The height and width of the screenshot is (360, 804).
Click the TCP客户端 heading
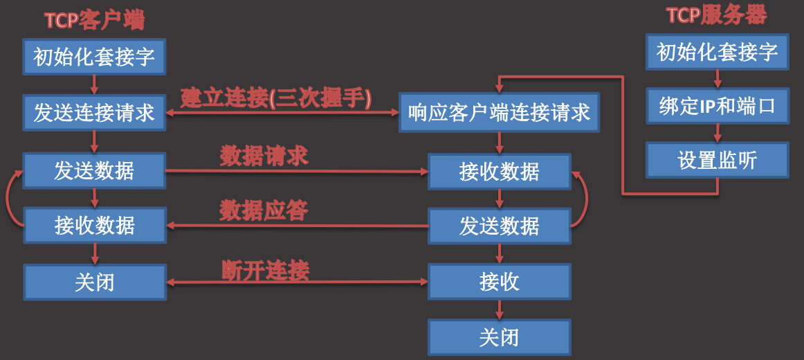[x=95, y=21]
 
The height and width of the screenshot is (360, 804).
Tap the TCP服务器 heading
[x=717, y=16]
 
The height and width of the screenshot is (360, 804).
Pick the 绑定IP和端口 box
[x=717, y=106]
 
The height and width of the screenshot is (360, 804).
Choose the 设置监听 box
[x=717, y=161]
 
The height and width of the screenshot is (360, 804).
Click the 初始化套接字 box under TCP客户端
[x=95, y=57]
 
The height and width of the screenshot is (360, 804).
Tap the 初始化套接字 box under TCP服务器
[x=717, y=52]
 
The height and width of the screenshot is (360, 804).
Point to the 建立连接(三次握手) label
[x=277, y=98]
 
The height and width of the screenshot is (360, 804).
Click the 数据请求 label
[x=264, y=156]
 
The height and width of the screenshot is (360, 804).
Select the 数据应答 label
[x=264, y=210]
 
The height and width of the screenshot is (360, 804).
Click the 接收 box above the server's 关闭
[x=499, y=282]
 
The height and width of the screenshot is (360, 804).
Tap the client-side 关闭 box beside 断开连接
[x=95, y=282]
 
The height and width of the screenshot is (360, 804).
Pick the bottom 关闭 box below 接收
[x=499, y=337]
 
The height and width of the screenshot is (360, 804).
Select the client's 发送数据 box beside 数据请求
[x=95, y=171]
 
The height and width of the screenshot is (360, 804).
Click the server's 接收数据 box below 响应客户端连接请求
[x=499, y=171]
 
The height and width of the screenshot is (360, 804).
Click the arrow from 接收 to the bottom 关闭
[x=499, y=309]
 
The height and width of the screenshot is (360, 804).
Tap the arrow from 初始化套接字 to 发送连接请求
[x=95, y=84]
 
